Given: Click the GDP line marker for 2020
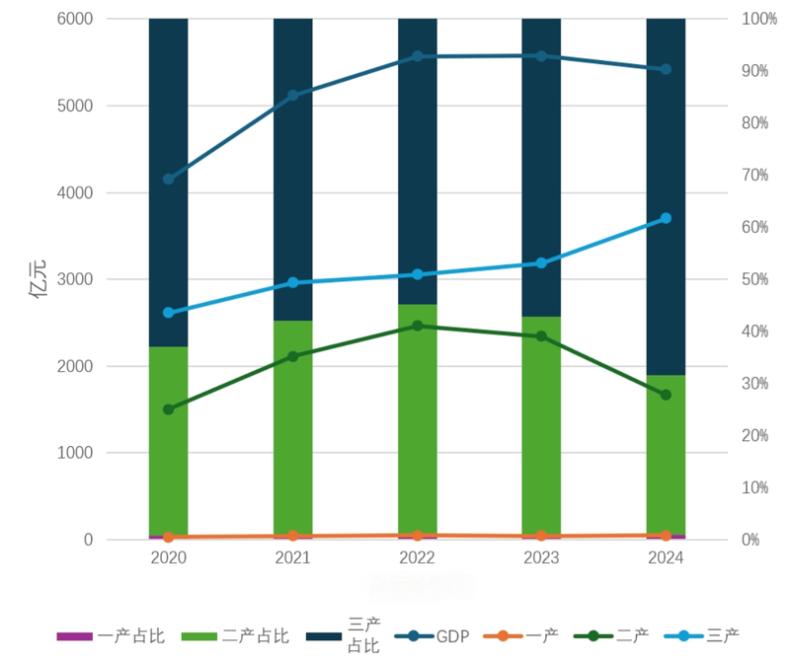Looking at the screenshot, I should pyautogui.click(x=168, y=179).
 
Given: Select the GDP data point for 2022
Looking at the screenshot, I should pyautogui.click(x=417, y=56).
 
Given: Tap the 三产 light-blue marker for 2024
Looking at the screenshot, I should pyautogui.click(x=666, y=218).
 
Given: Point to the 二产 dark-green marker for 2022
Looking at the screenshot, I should pyautogui.click(x=417, y=326).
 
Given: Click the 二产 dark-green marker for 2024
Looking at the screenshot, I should pyautogui.click(x=666, y=395).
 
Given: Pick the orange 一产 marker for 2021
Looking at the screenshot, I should pyautogui.click(x=292, y=536).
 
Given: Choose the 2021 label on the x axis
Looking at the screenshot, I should pyautogui.click(x=292, y=558).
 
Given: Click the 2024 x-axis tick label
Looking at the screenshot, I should pyautogui.click(x=666, y=558).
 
